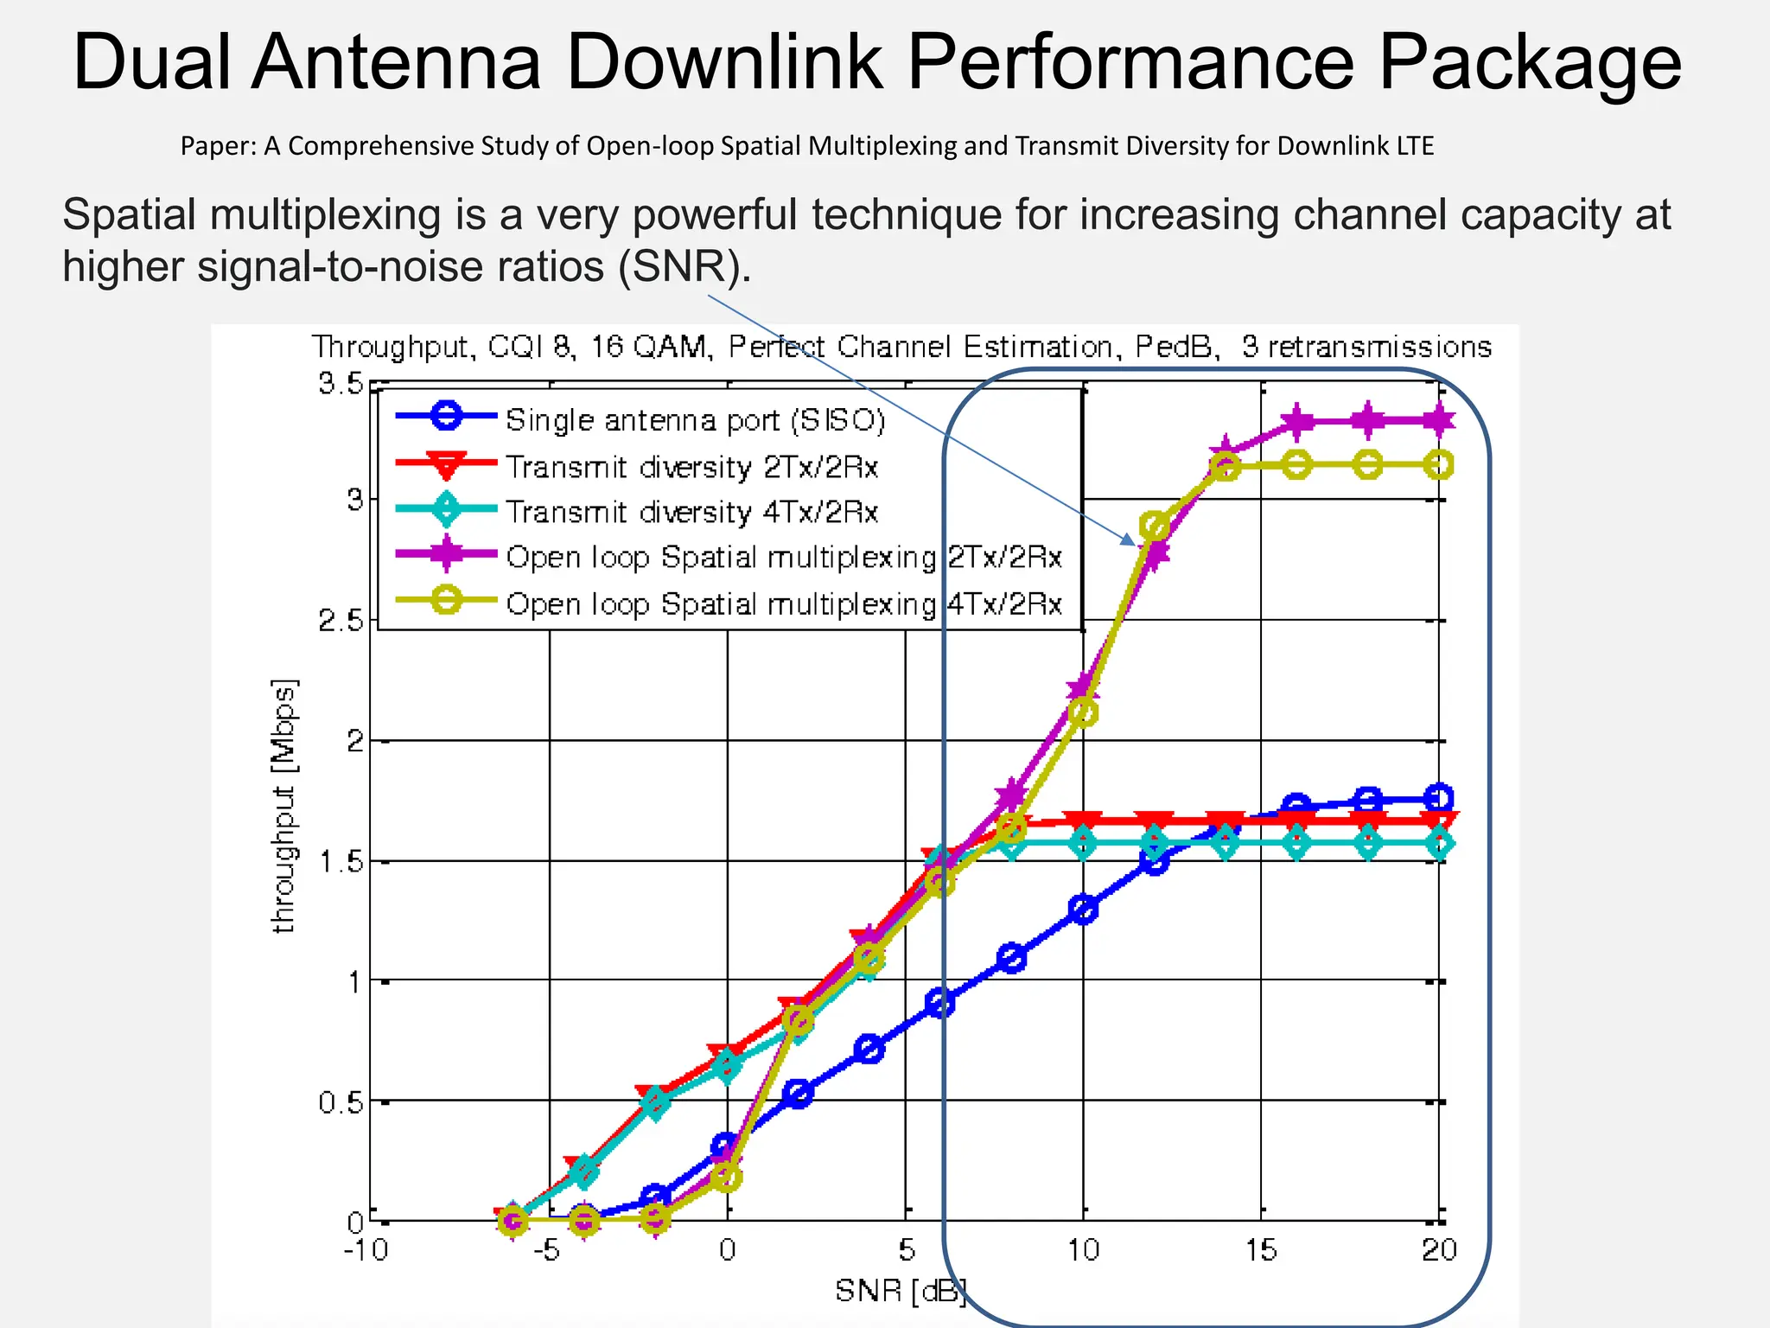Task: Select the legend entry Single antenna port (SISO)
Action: click(695, 420)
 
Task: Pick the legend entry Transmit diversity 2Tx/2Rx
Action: click(691, 467)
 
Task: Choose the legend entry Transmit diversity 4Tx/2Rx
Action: click(691, 512)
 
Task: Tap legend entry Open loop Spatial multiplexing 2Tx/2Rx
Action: click(783, 558)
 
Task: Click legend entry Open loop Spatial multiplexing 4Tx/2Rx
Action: click(783, 603)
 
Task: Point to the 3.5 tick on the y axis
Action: click(341, 383)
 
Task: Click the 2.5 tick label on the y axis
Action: click(341, 621)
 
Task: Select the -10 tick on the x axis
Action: click(366, 1250)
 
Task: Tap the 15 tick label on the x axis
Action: click(1261, 1250)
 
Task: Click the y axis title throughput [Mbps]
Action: click(284, 806)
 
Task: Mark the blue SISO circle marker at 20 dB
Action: click(1438, 798)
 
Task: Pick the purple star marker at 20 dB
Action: click(1438, 421)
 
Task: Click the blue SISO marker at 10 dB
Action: click(1083, 909)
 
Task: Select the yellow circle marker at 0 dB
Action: click(727, 1176)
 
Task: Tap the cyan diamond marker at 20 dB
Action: click(1438, 843)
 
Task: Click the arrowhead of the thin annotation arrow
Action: click(1129, 540)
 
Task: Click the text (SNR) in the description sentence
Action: click(683, 266)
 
